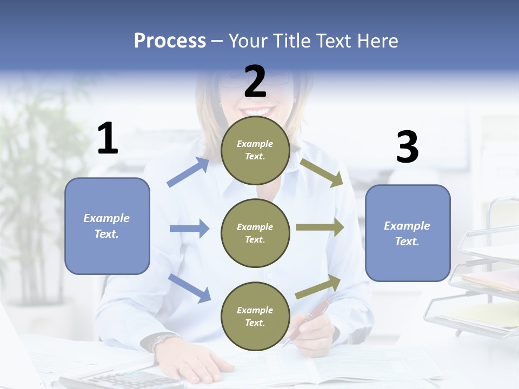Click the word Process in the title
coord(170,41)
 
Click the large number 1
coord(108,138)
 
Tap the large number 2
coord(255,82)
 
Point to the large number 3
coord(407,147)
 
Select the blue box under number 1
coord(107,226)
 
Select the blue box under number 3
coord(408,233)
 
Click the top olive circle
coord(255,150)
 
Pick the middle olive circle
coord(255,233)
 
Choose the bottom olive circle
coord(255,316)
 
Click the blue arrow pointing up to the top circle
coord(188,172)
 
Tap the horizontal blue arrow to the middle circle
coord(189,229)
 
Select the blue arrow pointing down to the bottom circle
coord(189,288)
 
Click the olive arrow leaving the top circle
coord(322,172)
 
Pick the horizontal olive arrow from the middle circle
coord(320,227)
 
